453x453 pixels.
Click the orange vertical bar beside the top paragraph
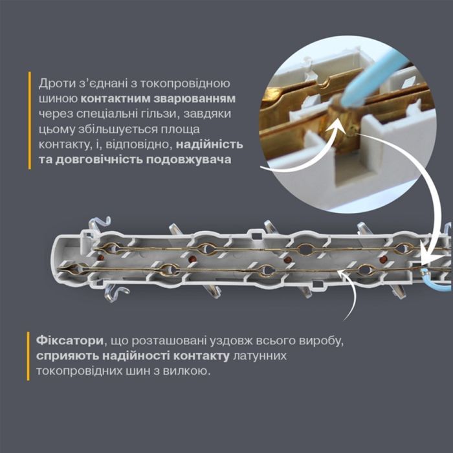[30, 120]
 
